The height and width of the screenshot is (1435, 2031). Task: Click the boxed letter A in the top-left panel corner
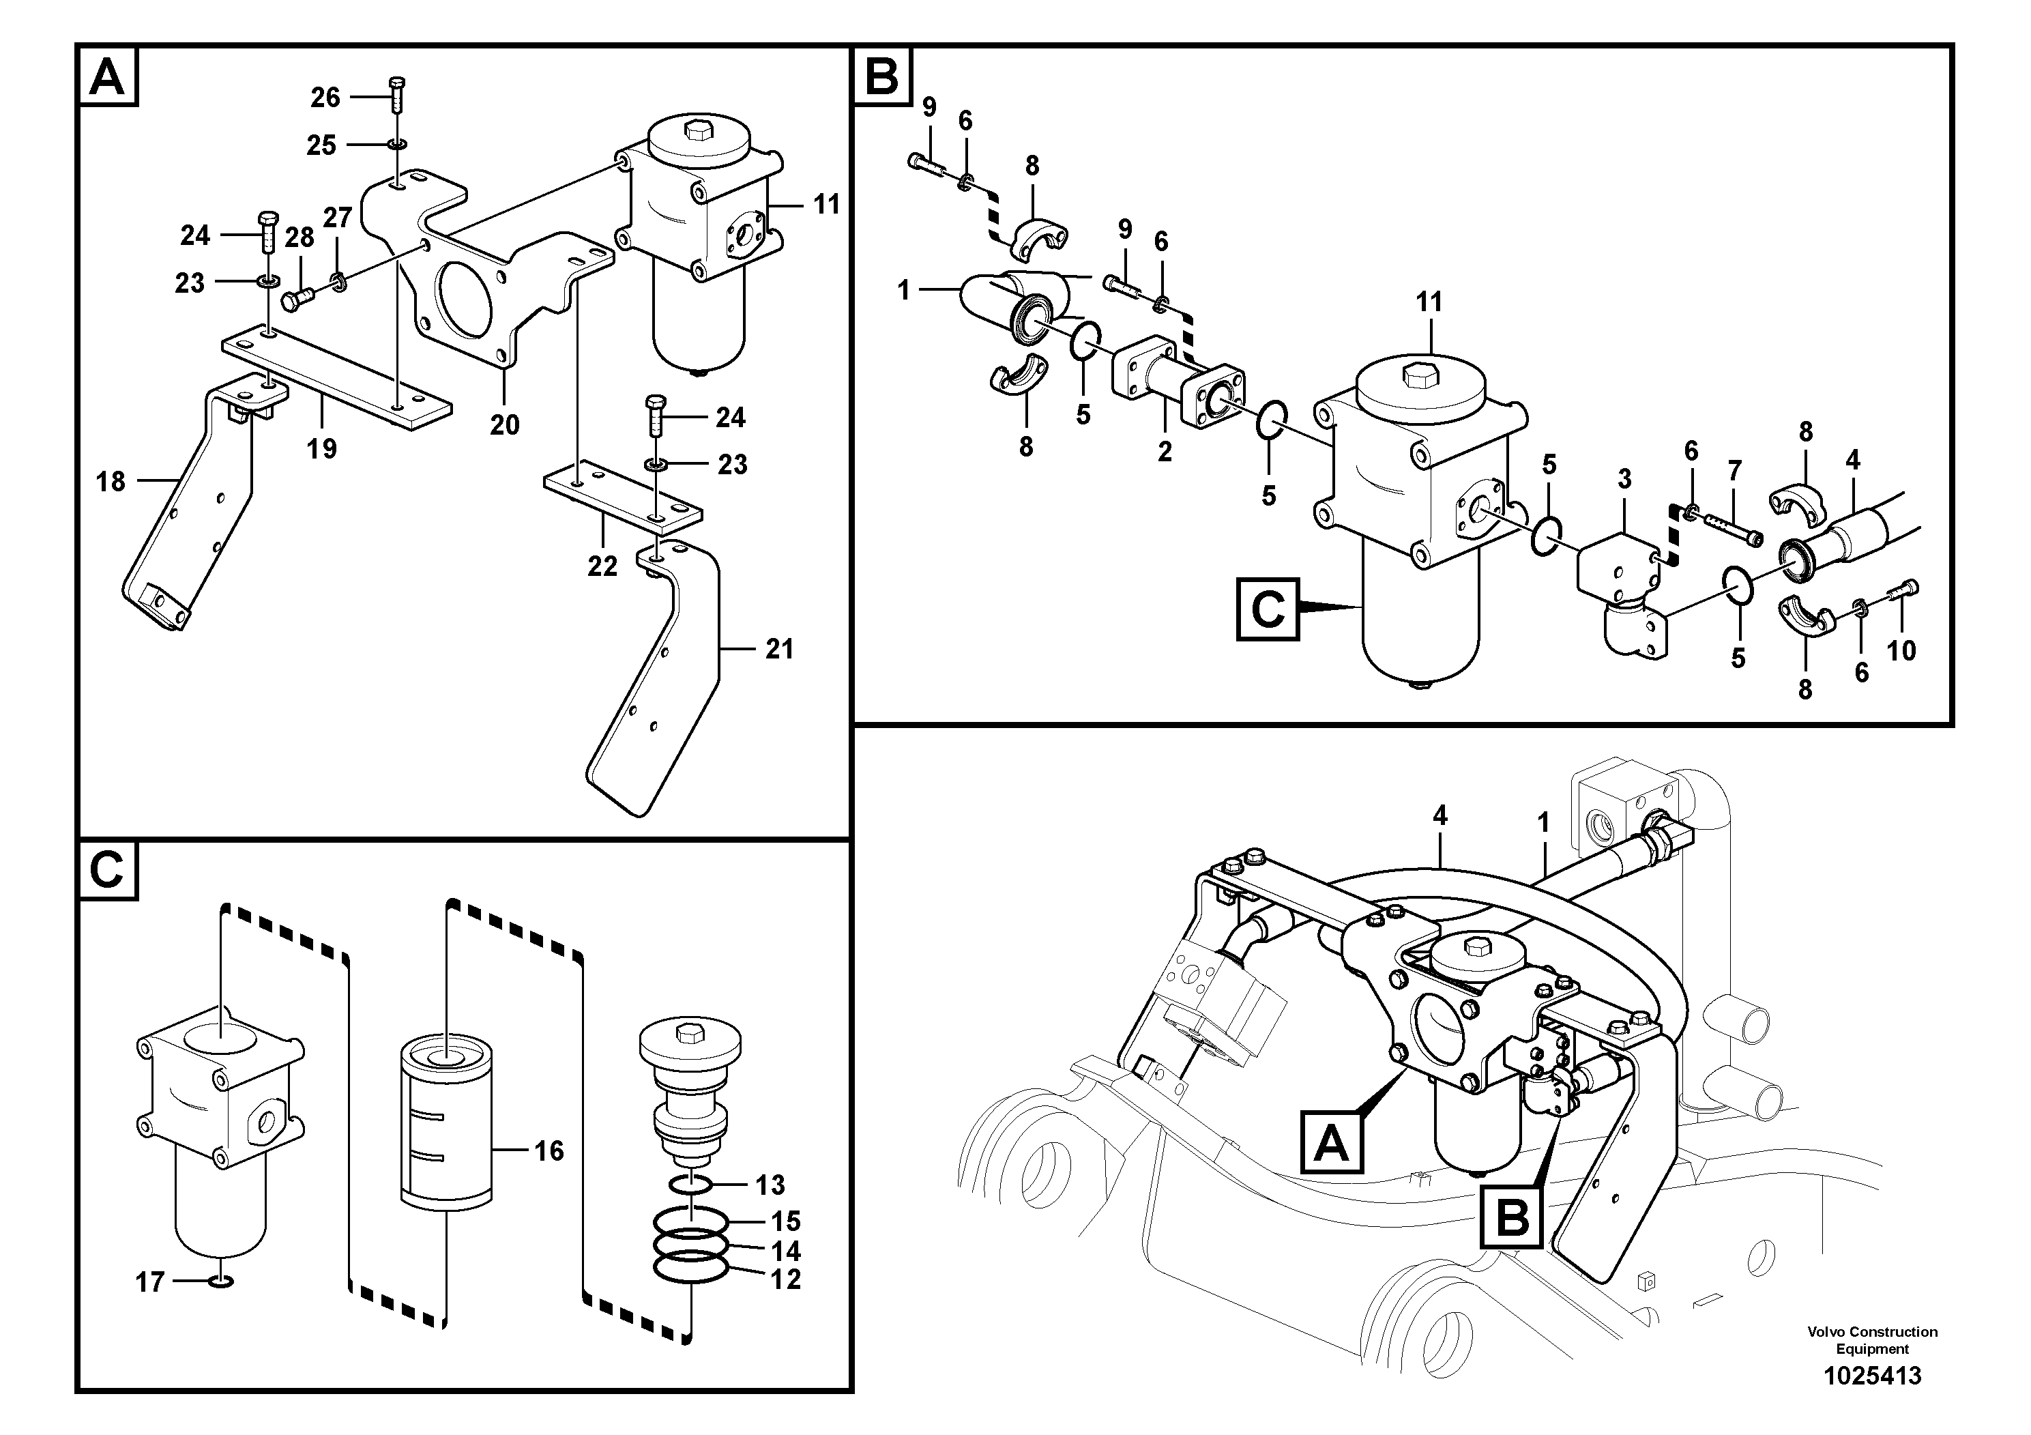click(108, 77)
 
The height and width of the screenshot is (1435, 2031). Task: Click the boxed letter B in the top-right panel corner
click(881, 77)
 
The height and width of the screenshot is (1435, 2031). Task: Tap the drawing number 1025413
click(1872, 1376)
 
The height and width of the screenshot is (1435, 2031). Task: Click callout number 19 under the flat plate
click(322, 448)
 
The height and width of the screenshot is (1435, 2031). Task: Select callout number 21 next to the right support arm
click(778, 650)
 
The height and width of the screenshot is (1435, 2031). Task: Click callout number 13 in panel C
click(770, 1185)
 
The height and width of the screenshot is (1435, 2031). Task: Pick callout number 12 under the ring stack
click(785, 1279)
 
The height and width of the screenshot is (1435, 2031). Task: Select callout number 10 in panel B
click(1901, 650)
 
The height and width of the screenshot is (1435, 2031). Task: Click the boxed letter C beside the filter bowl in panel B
click(1268, 609)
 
